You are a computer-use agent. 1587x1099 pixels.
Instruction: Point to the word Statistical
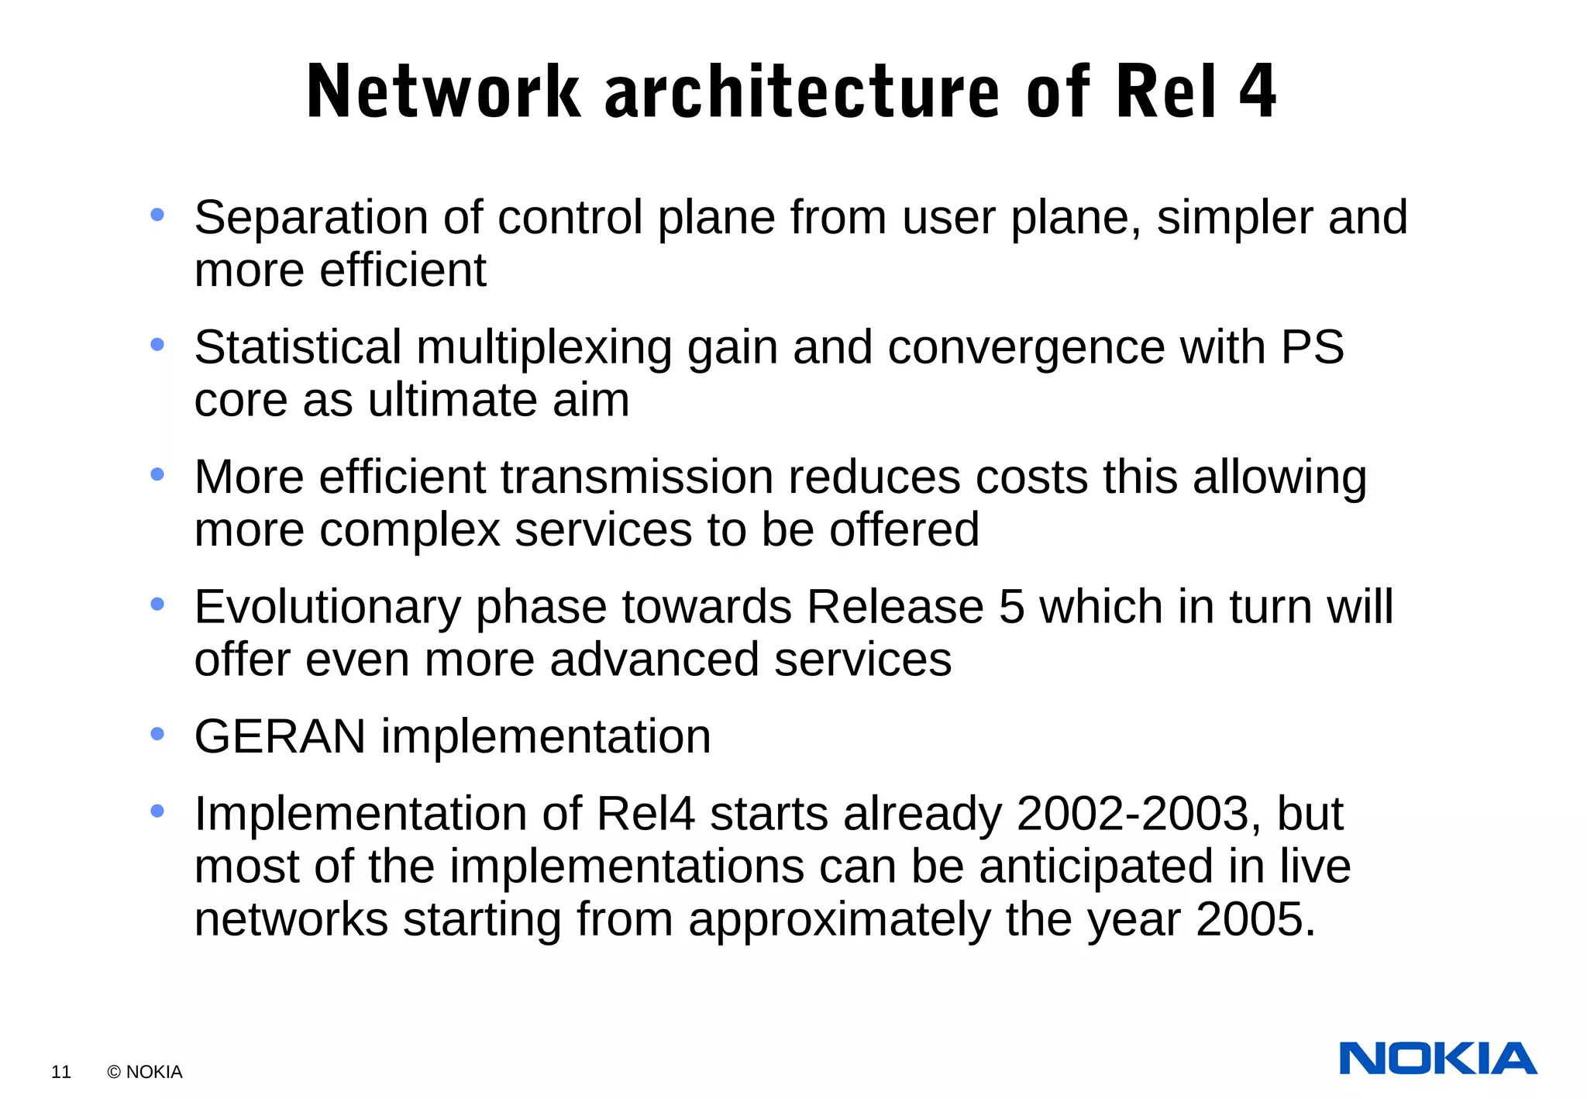(298, 347)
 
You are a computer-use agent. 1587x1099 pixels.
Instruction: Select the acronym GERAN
(280, 736)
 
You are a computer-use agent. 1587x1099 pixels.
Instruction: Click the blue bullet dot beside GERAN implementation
(157, 733)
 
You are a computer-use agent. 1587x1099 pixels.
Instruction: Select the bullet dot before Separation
(157, 215)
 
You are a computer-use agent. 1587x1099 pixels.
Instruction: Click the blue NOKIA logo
(1437, 1059)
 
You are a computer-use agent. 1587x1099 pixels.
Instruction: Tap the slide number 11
(61, 1072)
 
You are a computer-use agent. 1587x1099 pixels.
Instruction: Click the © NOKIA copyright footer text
(145, 1072)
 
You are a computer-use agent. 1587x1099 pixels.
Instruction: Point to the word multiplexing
(544, 347)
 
